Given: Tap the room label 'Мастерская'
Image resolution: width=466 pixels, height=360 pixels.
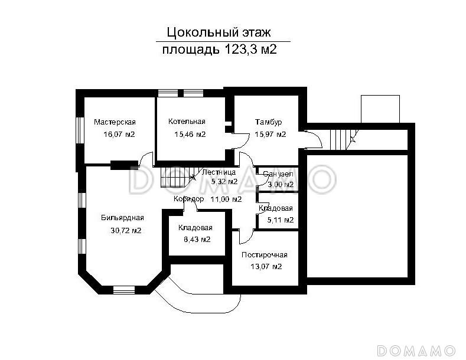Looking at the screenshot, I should [x=115, y=122].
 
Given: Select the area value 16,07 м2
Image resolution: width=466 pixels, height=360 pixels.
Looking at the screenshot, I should [x=119, y=135].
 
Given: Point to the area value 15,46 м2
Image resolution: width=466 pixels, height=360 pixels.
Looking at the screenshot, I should [x=190, y=135].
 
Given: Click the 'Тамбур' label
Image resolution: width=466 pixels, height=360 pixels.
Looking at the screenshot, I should [x=268, y=122].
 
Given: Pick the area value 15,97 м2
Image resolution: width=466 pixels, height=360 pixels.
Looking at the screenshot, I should [x=270, y=135].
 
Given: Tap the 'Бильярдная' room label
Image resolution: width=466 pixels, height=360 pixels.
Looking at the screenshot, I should [x=122, y=218].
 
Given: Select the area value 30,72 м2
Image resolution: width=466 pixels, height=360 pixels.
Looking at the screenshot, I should [x=125, y=231].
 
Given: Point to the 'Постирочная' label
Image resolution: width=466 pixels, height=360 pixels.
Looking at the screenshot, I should [x=264, y=255].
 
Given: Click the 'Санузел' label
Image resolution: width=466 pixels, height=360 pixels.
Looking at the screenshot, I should [x=277, y=175].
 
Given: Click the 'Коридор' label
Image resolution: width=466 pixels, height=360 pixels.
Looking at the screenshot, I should [x=188, y=199].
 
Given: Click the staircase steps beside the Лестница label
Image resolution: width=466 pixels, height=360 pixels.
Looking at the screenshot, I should [x=177, y=175].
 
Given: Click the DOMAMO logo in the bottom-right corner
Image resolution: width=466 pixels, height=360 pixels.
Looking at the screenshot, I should [x=416, y=349].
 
